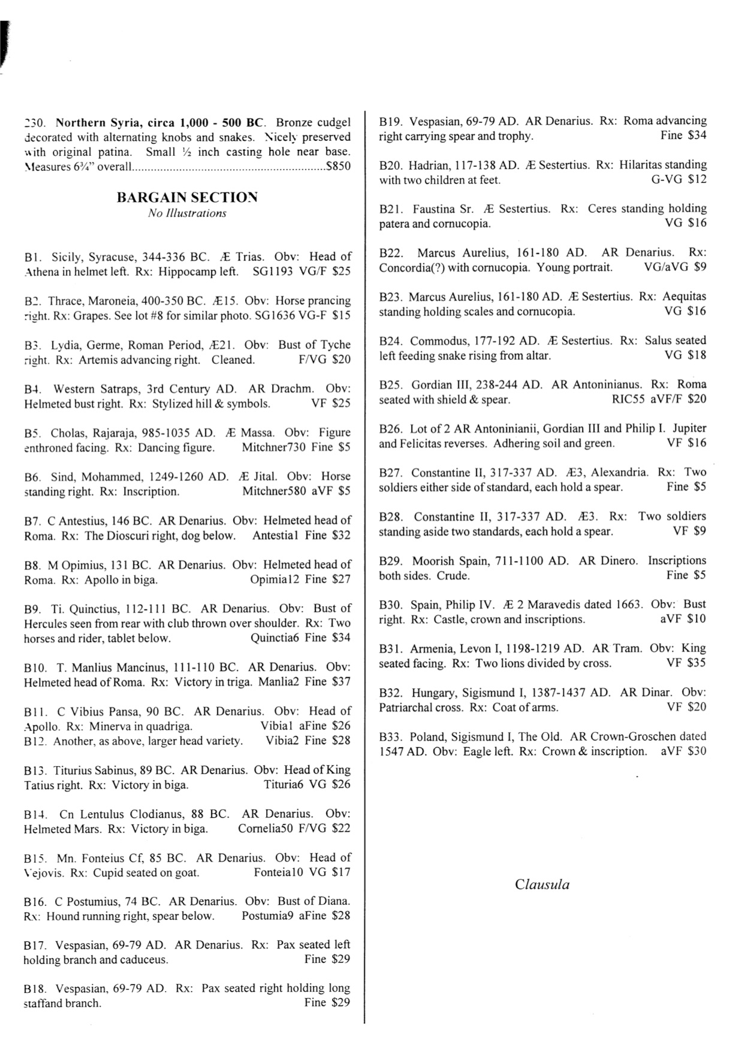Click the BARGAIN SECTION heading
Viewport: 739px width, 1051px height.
pos(187,197)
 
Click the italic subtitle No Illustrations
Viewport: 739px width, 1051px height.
pos(187,213)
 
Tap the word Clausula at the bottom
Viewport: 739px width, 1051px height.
pos(542,884)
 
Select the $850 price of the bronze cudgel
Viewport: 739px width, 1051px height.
pos(337,167)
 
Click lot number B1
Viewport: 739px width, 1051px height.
pos(32,257)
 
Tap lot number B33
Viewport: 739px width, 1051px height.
pos(391,736)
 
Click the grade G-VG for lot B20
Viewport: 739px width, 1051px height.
pos(666,179)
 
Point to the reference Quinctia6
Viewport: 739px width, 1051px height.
pos(275,638)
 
